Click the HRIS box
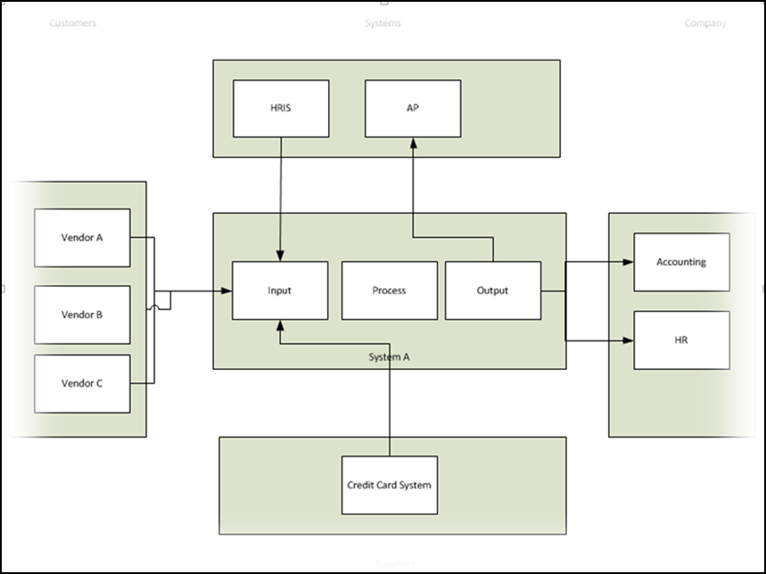point(281,109)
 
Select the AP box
point(413,109)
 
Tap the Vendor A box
point(82,238)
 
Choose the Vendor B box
point(82,315)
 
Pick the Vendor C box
point(82,383)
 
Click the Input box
point(279,291)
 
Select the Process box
point(389,291)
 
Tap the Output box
point(492,291)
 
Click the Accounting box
point(681,262)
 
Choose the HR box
point(681,340)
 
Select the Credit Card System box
point(390,485)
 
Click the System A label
point(390,357)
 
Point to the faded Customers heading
point(72,23)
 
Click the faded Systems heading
point(383,23)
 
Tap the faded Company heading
point(704,23)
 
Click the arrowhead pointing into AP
point(413,143)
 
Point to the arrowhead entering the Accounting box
point(628,262)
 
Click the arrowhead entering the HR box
point(628,340)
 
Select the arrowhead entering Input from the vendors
point(227,291)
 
